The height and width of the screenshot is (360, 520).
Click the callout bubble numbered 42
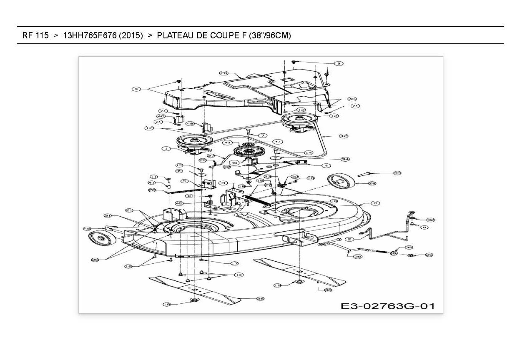pos(343,136)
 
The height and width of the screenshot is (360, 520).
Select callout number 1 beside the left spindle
pos(166,148)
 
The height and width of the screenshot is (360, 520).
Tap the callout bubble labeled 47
pos(276,142)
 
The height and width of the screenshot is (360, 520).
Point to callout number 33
pos(385,173)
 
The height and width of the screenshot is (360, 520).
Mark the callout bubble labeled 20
pos(429,255)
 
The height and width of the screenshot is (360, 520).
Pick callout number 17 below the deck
pos(234,263)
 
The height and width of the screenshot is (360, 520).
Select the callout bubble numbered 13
pos(239,275)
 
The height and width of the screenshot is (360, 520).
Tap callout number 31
pos(108,215)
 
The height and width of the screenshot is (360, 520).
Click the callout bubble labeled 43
pos(227,142)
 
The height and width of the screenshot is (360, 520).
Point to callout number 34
pos(345,159)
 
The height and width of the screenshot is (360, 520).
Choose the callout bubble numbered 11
pos(153,177)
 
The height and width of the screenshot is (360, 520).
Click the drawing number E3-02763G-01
pos(387,306)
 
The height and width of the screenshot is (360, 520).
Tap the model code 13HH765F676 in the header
pos(90,35)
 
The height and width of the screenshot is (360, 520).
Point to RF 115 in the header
pos(35,35)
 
